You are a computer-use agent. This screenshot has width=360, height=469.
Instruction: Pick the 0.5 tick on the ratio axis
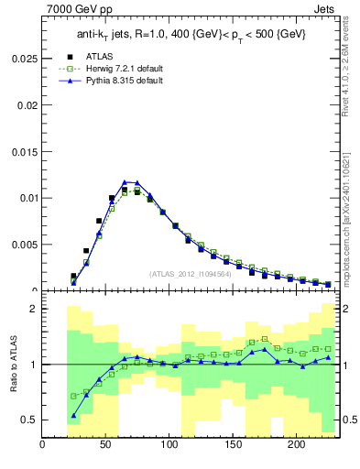click(29, 420)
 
